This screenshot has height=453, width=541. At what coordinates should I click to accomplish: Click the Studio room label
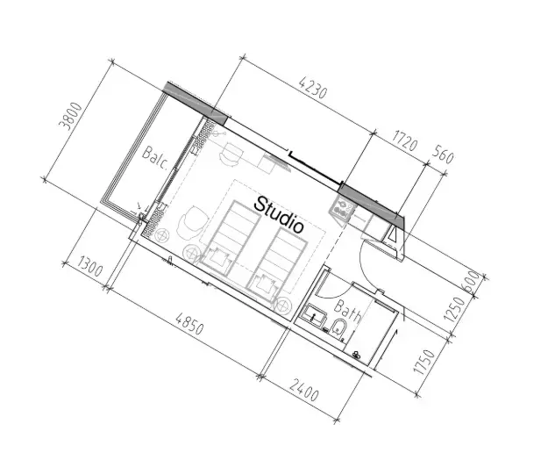coord(279,215)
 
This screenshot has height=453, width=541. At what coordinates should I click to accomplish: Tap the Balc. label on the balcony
coord(155,158)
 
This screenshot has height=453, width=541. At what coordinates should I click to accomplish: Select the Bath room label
coord(348,310)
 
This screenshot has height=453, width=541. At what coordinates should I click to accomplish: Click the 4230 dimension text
coord(313,88)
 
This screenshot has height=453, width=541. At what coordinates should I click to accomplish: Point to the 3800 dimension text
coord(71,116)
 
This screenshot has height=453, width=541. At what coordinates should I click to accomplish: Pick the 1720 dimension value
coord(405,140)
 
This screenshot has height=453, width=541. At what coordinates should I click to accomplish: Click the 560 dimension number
coord(442,155)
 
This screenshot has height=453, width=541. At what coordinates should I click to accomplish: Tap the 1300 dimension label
coord(89,266)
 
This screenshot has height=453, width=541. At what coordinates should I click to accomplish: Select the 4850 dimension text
coord(189,323)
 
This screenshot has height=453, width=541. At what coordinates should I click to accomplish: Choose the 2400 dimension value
coord(303,390)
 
